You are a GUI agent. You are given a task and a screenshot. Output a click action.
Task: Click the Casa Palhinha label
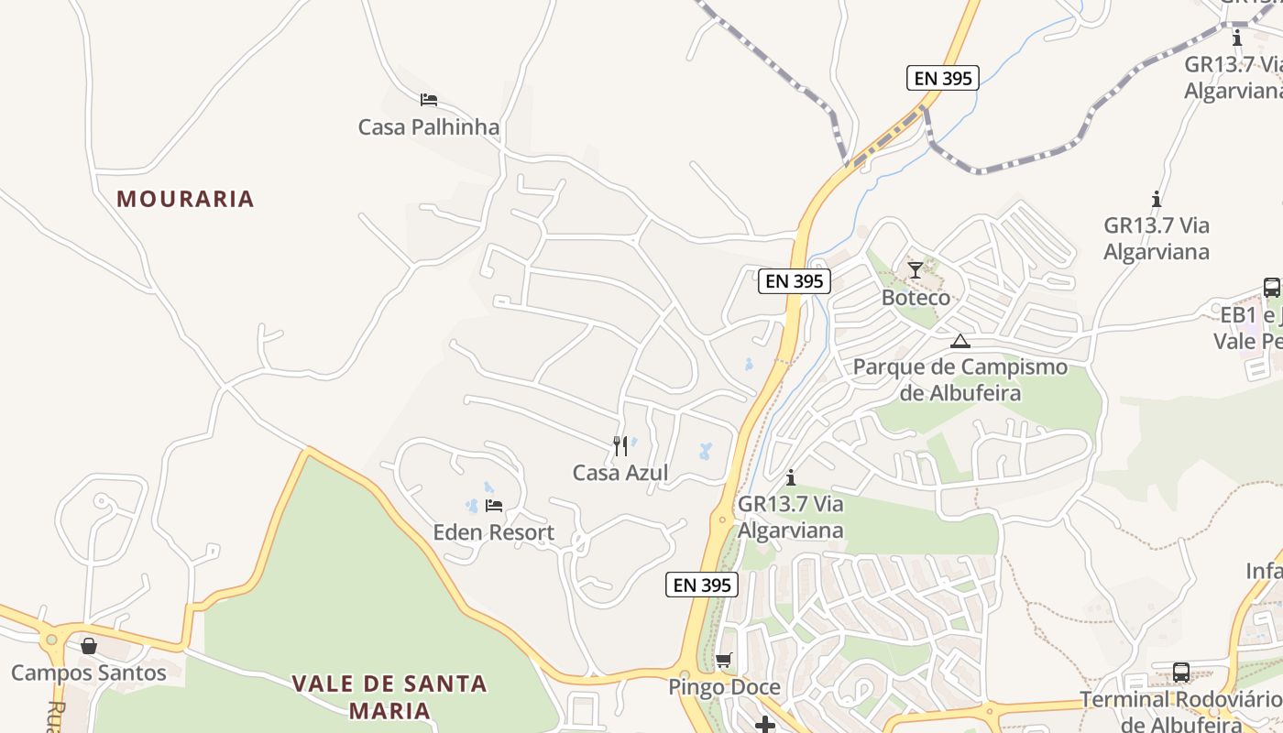tap(429, 127)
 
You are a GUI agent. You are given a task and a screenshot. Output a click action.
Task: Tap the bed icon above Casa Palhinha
tap(428, 99)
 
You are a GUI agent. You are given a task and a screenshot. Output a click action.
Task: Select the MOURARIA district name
tap(185, 199)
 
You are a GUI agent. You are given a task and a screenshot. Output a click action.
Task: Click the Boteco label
tap(916, 298)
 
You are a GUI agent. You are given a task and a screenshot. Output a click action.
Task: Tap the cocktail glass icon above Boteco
tap(915, 269)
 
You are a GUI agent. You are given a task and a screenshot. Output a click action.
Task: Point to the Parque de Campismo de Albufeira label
tap(960, 380)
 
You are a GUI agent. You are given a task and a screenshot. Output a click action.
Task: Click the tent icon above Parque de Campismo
tap(960, 342)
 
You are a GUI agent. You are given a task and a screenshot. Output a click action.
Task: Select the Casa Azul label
tap(620, 473)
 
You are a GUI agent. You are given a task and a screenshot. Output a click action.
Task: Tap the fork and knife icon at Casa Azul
tap(620, 446)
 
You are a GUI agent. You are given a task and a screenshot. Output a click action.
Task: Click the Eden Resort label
tap(493, 532)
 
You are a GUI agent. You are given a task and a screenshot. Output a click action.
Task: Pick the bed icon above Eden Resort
tap(494, 505)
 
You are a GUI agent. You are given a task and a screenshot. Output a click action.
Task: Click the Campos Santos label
tap(89, 673)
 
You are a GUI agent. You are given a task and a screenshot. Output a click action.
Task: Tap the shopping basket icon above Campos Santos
tap(89, 646)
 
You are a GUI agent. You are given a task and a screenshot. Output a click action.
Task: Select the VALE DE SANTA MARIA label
tap(389, 696)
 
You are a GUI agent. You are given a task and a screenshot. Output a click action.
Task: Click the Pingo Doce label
tap(724, 687)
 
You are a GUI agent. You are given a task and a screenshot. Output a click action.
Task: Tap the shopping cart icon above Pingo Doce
tap(724, 660)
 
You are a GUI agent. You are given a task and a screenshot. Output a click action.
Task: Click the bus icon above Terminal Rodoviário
tap(1181, 673)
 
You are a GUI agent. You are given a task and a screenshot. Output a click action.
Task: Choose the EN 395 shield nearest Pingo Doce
tap(702, 585)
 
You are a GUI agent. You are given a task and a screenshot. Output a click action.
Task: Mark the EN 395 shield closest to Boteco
tap(795, 281)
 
